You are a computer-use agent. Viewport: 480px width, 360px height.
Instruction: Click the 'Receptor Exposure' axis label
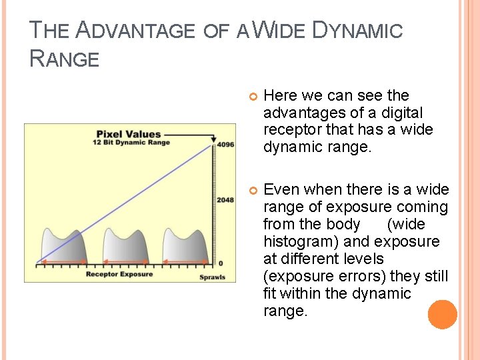pyautogui.click(x=119, y=274)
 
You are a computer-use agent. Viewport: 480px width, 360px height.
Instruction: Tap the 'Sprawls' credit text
pyautogui.click(x=213, y=277)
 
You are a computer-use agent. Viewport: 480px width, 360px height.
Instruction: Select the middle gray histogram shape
pyautogui.click(x=125, y=247)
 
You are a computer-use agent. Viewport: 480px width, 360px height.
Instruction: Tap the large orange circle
pyautogui.click(x=443, y=315)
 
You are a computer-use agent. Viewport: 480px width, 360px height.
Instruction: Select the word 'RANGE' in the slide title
pyautogui.click(x=65, y=59)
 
